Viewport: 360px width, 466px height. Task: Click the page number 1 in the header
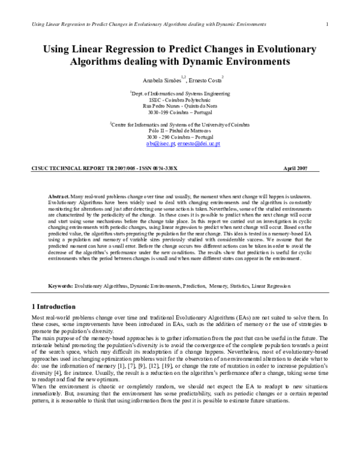pos(326,24)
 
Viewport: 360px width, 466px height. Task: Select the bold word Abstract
pos(59,197)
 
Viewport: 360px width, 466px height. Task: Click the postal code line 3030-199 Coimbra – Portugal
pos(180,112)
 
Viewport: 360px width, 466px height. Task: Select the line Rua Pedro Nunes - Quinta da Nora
pos(180,106)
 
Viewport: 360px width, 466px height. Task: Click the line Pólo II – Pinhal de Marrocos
pos(180,132)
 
